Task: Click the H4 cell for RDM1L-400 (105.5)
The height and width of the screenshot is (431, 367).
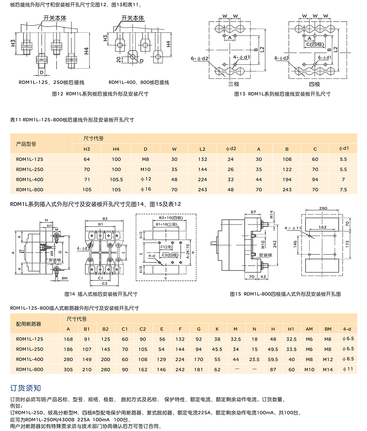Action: pos(116,180)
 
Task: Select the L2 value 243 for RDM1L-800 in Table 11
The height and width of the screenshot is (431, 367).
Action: pos(203,190)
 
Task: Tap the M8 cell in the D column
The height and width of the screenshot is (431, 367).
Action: pos(146,159)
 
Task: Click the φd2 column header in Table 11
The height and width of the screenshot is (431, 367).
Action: pos(231,149)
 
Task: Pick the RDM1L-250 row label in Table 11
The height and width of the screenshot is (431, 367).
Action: pos(30,169)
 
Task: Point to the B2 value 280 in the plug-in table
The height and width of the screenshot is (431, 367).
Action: pos(105,369)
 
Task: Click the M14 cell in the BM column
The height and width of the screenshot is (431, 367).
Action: pos(328,369)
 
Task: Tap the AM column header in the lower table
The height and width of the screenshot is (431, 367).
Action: pos(309,329)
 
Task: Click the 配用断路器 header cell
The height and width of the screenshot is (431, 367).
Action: pos(29,324)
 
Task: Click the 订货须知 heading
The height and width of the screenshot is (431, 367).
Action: pos(26,388)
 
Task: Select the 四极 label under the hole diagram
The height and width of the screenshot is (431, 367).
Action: pos(314,84)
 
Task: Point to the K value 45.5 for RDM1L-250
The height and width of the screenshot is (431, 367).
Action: pos(217,349)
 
